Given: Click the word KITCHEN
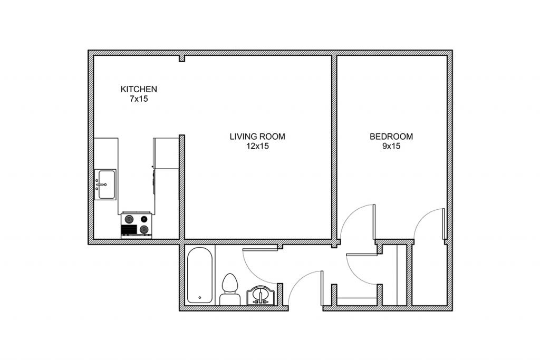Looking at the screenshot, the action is point(139,89).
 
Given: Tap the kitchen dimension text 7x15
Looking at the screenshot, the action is point(139,99).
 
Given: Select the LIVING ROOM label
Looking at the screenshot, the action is point(257,137).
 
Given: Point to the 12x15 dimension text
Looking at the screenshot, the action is point(257,146).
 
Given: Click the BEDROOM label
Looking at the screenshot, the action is point(391,137).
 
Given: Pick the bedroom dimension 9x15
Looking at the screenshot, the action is point(391,146).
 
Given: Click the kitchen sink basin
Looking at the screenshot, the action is point(105,184).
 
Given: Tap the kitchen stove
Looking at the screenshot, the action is point(137,225).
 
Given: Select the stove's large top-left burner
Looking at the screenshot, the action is point(129,219).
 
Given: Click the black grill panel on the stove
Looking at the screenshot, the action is point(129,230).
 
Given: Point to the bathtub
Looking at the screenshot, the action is point(199,275).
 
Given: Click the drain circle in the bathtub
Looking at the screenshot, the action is point(200,297).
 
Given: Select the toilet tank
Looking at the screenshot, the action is point(230,299).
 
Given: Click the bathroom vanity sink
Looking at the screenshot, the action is point(261,296).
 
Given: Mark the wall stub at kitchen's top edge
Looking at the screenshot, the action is point(182,59).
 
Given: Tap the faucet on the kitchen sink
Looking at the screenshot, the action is point(100,184).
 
